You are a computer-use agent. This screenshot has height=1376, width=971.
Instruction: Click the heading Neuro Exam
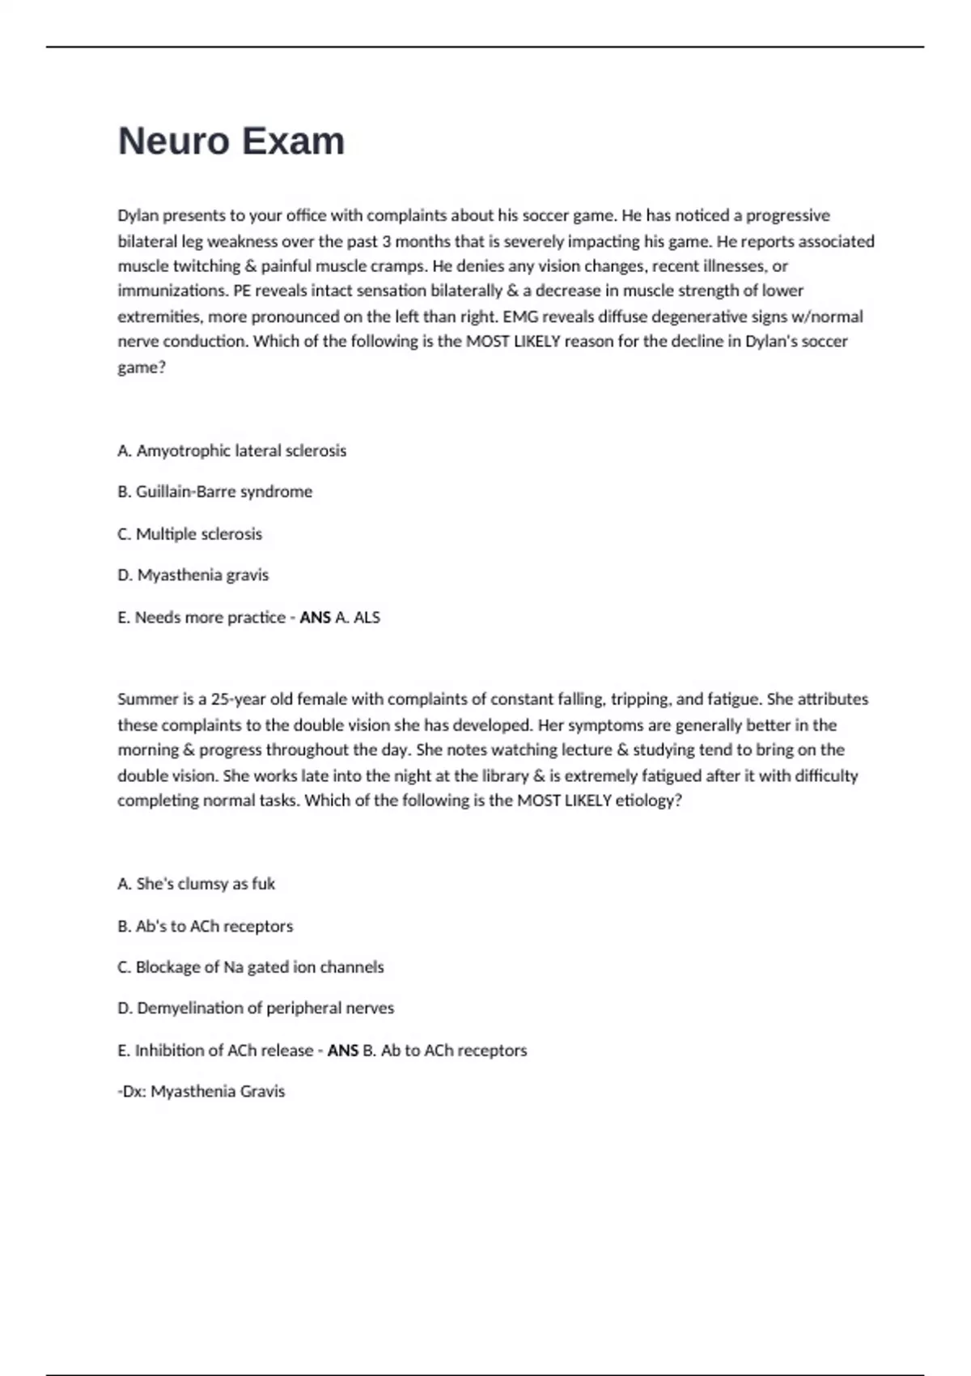point(231,142)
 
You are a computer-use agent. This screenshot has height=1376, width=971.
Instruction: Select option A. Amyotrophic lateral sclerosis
point(232,451)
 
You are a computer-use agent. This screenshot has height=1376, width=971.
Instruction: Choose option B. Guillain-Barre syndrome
point(215,492)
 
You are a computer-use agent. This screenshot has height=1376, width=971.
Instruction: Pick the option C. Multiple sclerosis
point(190,534)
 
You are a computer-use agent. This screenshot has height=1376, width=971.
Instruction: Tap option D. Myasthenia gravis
point(193,575)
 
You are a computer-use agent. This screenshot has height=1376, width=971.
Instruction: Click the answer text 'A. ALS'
point(357,618)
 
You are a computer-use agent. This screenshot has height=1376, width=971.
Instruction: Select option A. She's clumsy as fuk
point(197,884)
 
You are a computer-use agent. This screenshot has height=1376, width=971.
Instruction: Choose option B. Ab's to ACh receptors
point(206,926)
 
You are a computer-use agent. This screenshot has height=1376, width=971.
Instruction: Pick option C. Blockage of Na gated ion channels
point(251,967)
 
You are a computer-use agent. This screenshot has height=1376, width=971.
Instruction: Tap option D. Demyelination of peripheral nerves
point(257,1009)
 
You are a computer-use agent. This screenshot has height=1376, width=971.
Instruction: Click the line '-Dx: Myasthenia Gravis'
point(201,1092)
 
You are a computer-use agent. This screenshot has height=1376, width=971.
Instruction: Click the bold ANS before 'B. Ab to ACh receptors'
point(342,1051)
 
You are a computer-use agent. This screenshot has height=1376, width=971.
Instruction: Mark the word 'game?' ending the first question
point(142,367)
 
